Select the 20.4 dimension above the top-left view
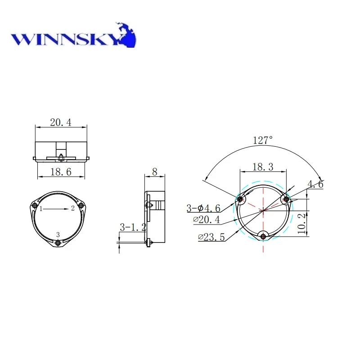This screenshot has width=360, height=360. (61, 122)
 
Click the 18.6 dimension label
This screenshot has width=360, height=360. (61, 171)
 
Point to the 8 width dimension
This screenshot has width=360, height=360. (155, 171)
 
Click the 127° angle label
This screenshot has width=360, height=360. (263, 140)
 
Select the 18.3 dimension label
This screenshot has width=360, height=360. (263, 167)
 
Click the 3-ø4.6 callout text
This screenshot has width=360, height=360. (203, 208)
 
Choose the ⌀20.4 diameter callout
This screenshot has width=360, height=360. (207, 220)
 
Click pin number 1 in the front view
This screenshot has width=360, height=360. (40, 209)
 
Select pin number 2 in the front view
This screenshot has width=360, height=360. (72, 208)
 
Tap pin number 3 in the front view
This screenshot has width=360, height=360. (58, 234)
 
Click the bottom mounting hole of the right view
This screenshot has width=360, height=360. (263, 235)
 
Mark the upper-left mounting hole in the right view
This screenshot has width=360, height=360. (240, 199)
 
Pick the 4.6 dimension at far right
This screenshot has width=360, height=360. (315, 184)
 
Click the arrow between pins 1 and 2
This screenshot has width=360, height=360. (57, 209)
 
